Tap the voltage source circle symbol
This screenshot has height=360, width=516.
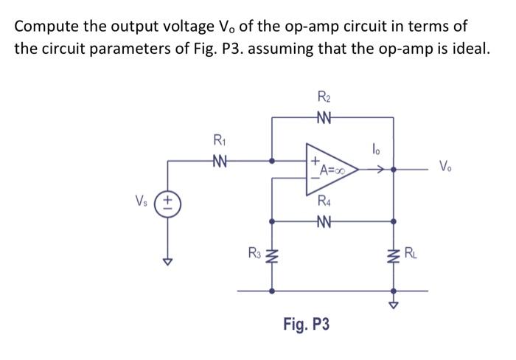(x=167, y=200)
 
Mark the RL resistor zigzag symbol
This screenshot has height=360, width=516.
(x=393, y=257)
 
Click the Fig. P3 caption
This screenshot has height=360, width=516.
(x=306, y=324)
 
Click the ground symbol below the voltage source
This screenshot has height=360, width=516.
(x=167, y=261)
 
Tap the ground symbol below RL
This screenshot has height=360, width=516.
(x=393, y=305)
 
